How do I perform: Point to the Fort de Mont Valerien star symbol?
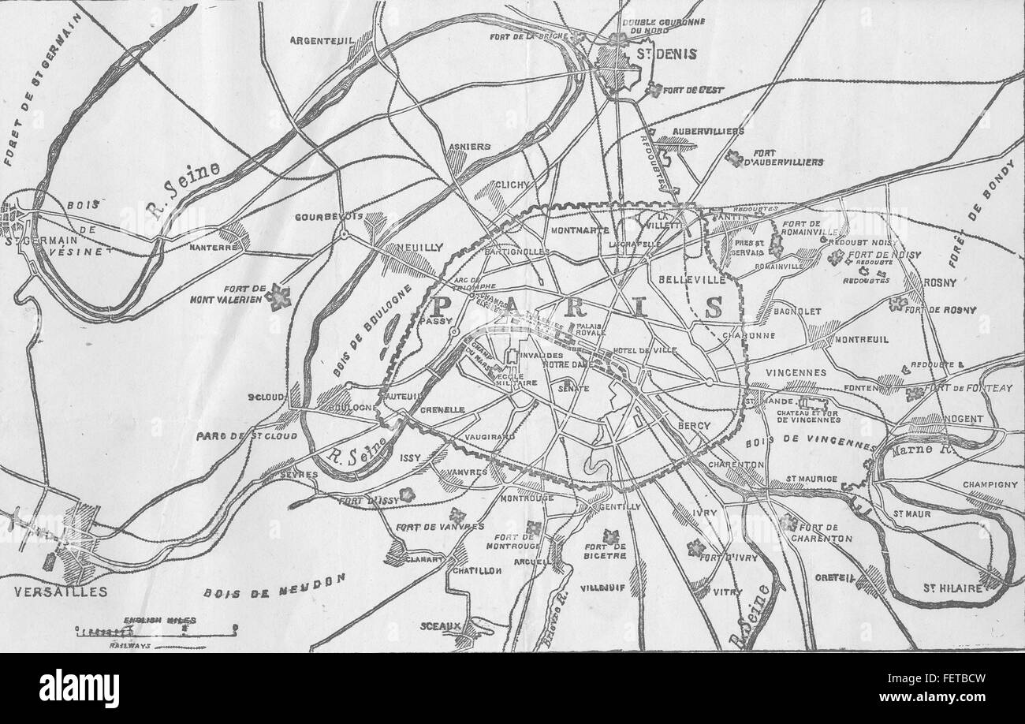(278, 297)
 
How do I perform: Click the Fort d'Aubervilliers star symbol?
(735, 159)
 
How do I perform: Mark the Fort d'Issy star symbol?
(407, 494)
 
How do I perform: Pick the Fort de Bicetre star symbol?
(610, 537)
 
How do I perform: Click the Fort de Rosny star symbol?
(896, 304)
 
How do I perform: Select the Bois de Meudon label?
(274, 586)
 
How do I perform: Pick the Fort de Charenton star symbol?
(787, 521)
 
